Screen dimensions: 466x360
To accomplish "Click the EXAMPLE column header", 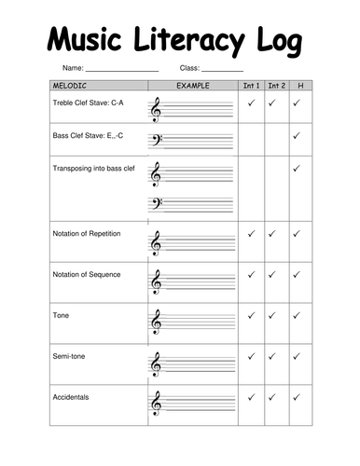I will coord(192,86).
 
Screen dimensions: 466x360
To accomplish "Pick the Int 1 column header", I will coord(251,86).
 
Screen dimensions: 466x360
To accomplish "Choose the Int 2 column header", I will coord(275,86).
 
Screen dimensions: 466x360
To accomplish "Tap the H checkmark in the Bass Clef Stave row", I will coord(298,135).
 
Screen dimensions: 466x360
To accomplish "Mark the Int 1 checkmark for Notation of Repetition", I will coord(251,234).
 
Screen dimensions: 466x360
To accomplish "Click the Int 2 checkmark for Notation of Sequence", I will coord(273,275).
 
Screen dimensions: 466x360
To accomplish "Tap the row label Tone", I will coord(61,315).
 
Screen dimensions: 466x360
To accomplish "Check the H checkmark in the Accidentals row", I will coord(298,397).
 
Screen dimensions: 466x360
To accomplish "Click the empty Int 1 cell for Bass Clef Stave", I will coord(251,140).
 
